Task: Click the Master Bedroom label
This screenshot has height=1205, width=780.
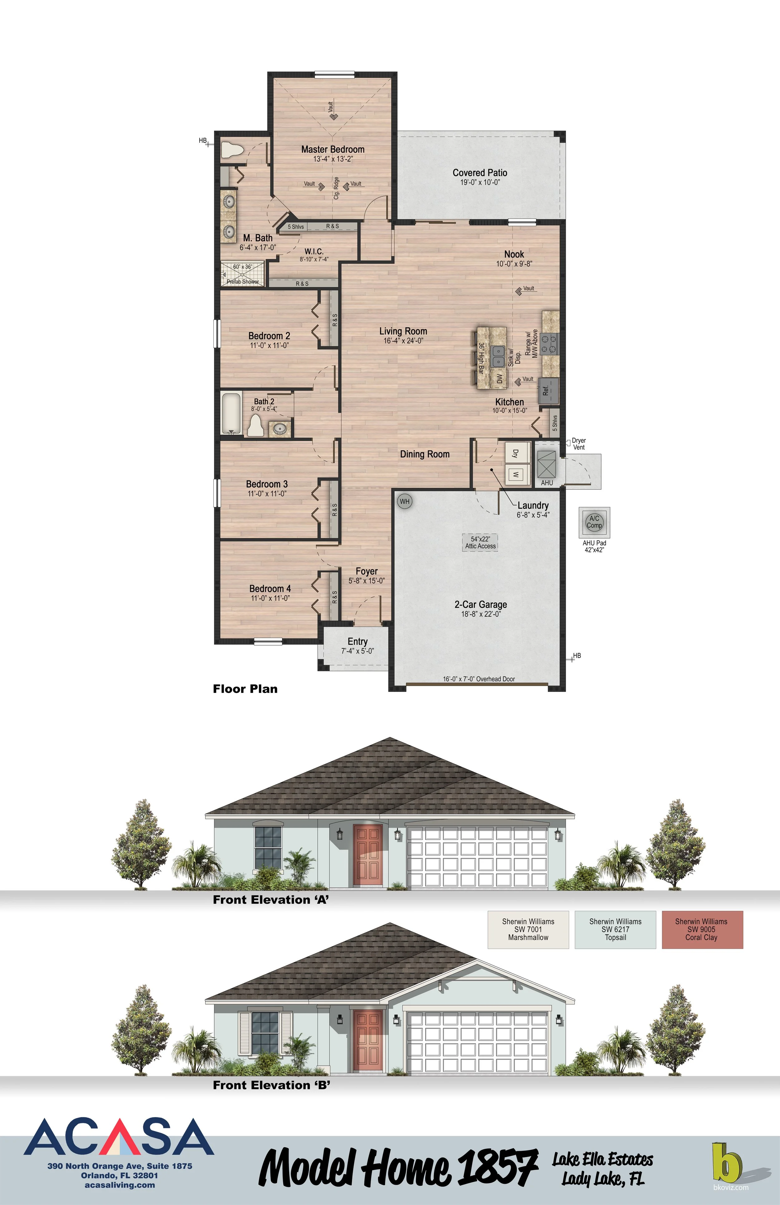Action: point(333,149)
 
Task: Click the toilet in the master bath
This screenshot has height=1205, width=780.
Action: point(232,150)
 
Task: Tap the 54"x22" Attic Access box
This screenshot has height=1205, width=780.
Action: point(480,543)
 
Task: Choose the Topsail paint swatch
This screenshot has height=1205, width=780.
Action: point(615,930)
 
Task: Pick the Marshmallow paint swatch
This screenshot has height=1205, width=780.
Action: point(528,930)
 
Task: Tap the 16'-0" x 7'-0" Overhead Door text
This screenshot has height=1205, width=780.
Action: point(479,679)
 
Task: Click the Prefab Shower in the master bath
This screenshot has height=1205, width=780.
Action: point(243,274)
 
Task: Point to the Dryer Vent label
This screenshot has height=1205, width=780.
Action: point(578,444)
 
